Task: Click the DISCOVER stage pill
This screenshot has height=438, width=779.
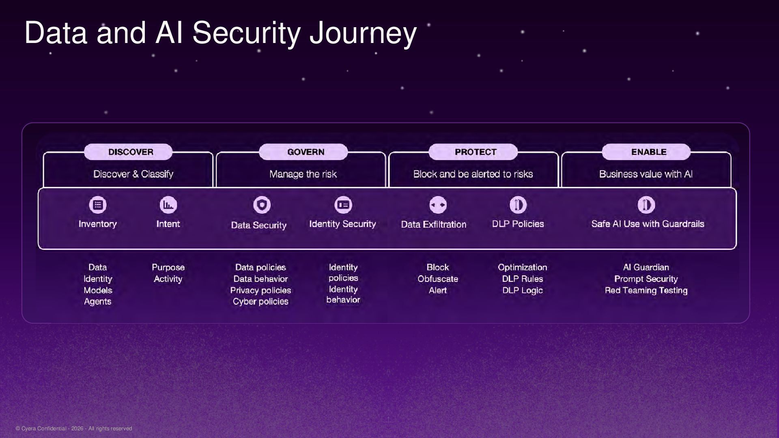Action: [128, 152]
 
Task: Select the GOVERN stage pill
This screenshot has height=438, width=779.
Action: [303, 152]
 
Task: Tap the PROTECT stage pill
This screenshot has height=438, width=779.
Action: [473, 152]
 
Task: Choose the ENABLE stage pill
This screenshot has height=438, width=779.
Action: [646, 152]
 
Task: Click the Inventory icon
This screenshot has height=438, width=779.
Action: [98, 205]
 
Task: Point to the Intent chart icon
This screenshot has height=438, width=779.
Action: [168, 205]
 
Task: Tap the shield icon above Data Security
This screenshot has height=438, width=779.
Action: [262, 205]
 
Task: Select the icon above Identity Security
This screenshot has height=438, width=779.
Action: [343, 205]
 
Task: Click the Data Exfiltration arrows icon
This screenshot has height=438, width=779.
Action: [438, 205]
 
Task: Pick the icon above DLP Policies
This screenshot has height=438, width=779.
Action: [518, 205]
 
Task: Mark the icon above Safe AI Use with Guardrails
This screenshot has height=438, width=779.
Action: [646, 205]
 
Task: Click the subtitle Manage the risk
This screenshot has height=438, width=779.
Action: [303, 174]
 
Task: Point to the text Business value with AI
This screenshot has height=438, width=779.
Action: [646, 174]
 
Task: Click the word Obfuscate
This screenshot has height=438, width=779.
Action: [438, 279]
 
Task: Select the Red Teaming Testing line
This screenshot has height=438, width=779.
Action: [646, 290]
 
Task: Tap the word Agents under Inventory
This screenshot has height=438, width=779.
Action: [97, 302]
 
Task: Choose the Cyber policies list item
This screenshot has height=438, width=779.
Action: [260, 302]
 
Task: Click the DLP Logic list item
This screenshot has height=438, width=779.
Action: [523, 290]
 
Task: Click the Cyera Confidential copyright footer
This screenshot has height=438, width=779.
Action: [74, 429]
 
